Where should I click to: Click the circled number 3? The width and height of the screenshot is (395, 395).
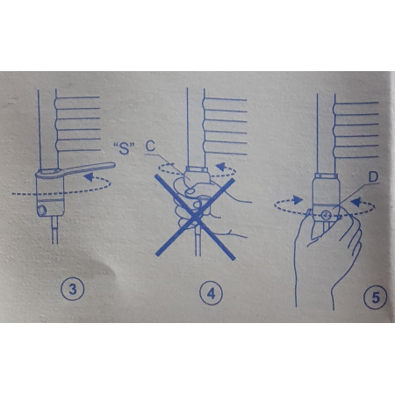pos(72,289)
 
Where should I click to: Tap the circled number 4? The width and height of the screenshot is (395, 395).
pos(211,293)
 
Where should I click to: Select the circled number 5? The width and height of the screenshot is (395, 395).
pos(375,298)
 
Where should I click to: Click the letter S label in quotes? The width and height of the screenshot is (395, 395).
pos(125,148)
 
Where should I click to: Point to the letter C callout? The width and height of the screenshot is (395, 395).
pos(150,146)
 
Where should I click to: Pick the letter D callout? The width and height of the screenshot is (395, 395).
pos(373,177)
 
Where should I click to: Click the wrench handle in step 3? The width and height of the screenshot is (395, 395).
pos(90,169)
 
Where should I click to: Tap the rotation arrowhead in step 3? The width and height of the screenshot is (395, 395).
pos(89,177)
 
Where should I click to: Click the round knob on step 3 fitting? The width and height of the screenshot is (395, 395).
pos(42,210)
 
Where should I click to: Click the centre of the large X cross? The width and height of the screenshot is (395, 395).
pos(196,217)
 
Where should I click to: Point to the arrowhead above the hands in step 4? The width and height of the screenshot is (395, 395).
pos(220,167)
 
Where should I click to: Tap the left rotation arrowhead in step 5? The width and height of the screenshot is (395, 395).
pos(298,200)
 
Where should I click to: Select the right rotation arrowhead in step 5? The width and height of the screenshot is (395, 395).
pos(355,202)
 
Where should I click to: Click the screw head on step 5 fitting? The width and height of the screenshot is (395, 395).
pos(326,216)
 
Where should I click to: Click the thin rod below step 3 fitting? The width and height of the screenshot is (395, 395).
pos(54,230)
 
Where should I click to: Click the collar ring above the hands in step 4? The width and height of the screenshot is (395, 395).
pos(197,169)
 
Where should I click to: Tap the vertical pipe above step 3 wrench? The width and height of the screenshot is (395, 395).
pos(47,129)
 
